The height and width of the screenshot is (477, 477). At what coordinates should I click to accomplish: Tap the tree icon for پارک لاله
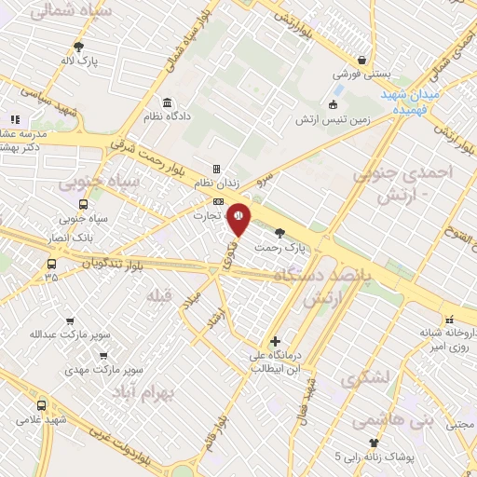[79, 46]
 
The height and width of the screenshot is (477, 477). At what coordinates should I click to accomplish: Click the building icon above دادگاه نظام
[167, 102]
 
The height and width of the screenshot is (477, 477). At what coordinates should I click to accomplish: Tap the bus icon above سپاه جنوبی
[84, 204]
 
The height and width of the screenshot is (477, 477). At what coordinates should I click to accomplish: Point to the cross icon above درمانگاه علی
[274, 341]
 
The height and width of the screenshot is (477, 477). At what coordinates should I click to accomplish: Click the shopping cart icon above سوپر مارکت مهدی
[102, 354]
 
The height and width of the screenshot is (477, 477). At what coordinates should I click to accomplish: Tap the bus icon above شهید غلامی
[41, 405]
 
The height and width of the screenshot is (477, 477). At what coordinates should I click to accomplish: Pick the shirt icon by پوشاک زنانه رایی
[374, 442]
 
